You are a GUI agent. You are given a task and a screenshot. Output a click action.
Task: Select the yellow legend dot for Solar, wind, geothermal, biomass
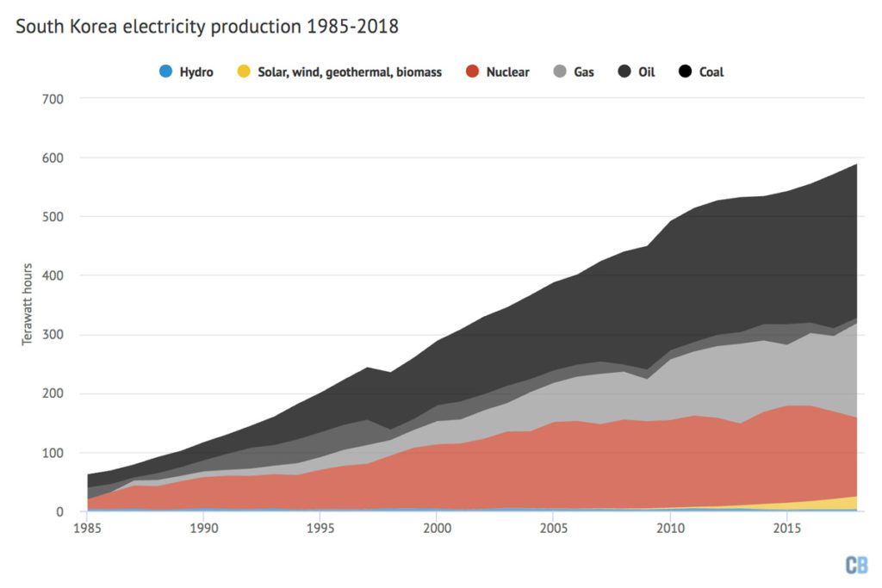pyautogui.click(x=243, y=72)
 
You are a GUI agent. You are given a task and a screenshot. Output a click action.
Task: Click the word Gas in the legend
pyautogui.click(x=584, y=72)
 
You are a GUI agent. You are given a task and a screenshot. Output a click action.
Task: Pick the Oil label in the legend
pyautogui.click(x=646, y=72)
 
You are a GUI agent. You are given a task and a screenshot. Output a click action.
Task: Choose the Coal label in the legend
pyautogui.click(x=711, y=72)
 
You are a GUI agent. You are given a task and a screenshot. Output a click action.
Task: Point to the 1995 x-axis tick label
pyautogui.click(x=320, y=527)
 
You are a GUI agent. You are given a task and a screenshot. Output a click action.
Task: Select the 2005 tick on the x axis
pyautogui.click(x=553, y=527)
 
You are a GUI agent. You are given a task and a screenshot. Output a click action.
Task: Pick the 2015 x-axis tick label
pyautogui.click(x=786, y=527)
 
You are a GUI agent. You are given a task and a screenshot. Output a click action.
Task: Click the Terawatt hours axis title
pyautogui.click(x=28, y=305)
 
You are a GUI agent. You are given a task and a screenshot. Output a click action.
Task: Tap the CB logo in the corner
pyautogui.click(x=856, y=565)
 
